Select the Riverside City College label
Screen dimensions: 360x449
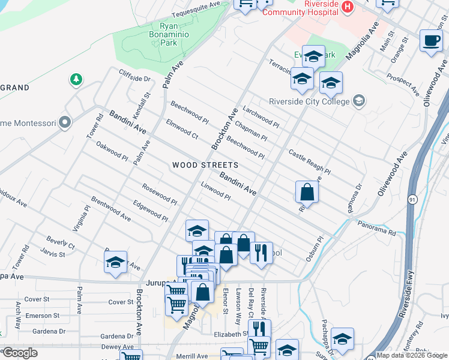[309, 101]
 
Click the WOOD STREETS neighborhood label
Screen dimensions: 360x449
[205, 164]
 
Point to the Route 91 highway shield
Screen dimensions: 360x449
[412, 200]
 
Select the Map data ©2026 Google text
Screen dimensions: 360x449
[412, 355]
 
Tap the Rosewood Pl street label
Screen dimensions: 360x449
[158, 193]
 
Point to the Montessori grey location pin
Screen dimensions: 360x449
[65, 123]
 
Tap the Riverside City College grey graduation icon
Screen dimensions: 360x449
[359, 100]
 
